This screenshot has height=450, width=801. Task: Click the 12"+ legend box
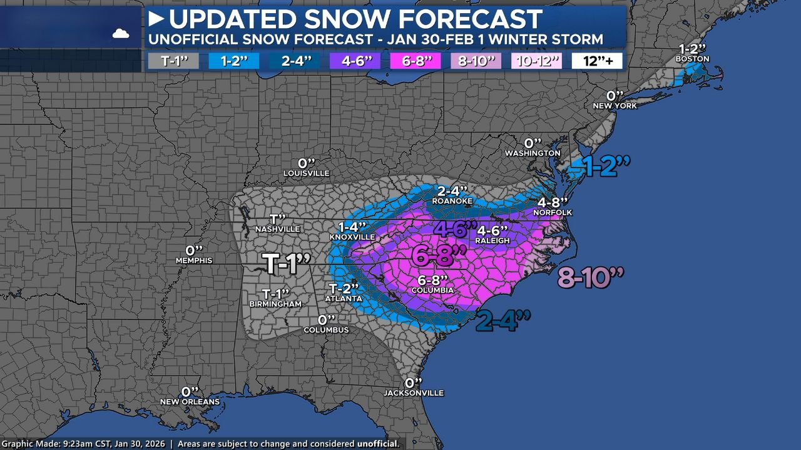point(596,61)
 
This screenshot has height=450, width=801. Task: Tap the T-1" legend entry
point(173,61)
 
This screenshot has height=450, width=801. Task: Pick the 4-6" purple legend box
point(355,61)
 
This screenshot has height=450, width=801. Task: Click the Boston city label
point(692,59)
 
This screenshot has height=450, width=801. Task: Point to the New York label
point(615,106)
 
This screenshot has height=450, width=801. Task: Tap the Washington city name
point(533,153)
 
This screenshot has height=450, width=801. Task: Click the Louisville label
point(306,173)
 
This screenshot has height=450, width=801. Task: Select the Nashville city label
point(278,229)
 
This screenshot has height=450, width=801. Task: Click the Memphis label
point(193,260)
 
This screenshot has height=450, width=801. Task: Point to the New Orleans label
point(190,401)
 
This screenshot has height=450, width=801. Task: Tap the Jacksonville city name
point(414,393)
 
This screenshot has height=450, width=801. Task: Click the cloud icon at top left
point(121,34)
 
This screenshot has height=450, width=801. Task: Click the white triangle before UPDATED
point(156,19)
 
